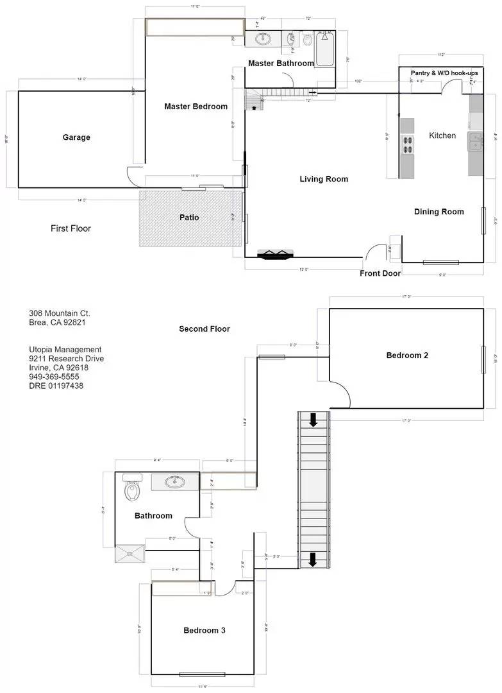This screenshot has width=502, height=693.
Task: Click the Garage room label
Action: click(x=76, y=137)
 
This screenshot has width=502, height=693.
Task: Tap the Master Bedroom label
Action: click(x=196, y=107)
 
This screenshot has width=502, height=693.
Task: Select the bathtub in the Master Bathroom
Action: click(x=324, y=49)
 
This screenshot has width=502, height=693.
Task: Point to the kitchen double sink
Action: click(x=475, y=141)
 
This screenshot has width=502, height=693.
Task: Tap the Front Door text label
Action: click(x=380, y=273)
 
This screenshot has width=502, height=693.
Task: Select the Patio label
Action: click(x=189, y=218)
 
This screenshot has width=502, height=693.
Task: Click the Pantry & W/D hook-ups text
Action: click(x=439, y=73)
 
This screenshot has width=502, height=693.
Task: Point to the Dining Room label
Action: click(x=439, y=212)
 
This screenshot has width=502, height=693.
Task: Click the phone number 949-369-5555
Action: click(x=53, y=377)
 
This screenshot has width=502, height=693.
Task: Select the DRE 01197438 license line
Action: click(x=56, y=386)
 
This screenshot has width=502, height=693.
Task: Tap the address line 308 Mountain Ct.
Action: click(x=59, y=313)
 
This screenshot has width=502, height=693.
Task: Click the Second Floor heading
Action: click(x=204, y=329)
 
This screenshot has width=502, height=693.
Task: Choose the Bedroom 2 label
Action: click(x=407, y=355)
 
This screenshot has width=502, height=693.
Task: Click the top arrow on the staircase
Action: click(x=314, y=420)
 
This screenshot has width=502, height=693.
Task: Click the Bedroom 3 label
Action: click(x=204, y=631)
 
